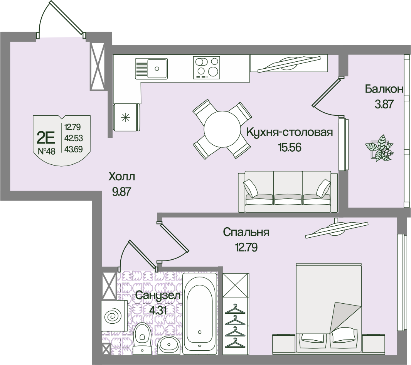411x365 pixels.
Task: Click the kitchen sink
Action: point(152,69)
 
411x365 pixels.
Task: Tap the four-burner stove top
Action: point(206,67)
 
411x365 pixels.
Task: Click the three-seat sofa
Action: point(288,191)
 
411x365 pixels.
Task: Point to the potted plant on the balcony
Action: point(380,148)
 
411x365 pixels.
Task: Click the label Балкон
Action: point(384,89)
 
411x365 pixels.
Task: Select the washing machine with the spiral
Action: point(114,316)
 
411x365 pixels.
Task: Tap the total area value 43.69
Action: point(73,149)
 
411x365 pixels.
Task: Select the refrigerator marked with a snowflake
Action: point(126,117)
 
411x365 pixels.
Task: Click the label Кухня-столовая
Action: point(289,133)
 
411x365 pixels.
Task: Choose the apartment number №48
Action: point(47,151)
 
